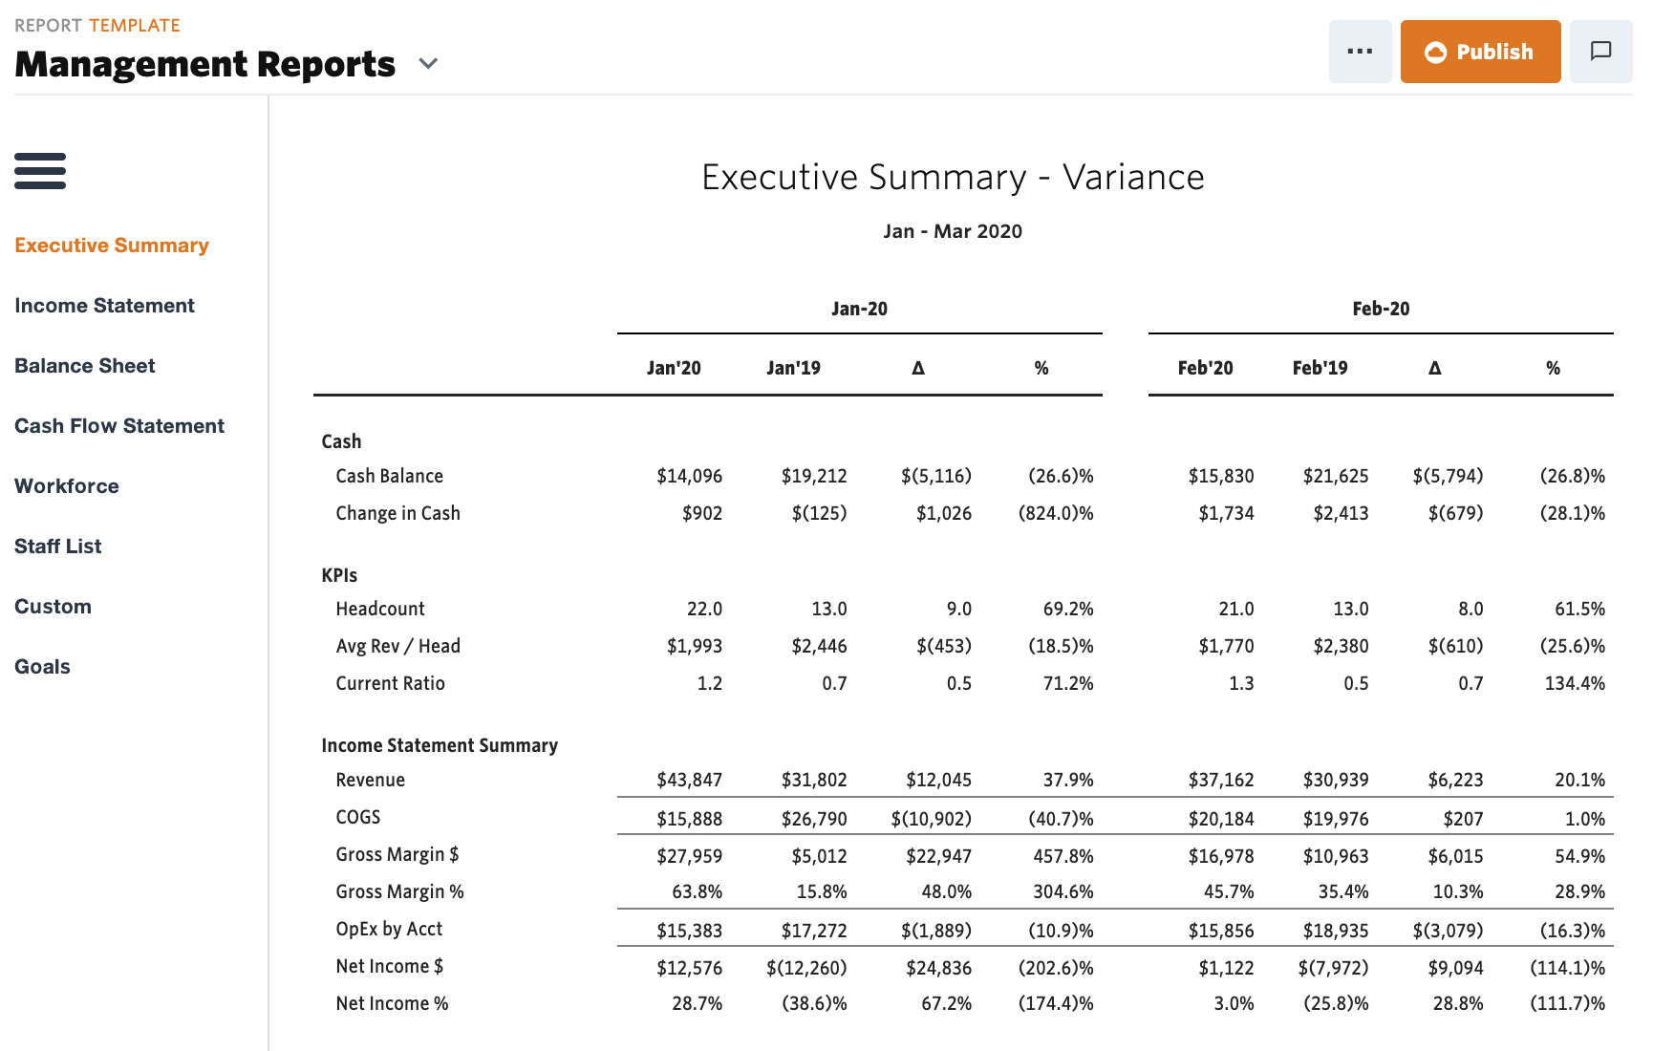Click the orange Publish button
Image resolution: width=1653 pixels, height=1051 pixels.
pos(1479,52)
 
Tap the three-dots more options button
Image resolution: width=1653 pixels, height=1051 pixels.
pos(1359,52)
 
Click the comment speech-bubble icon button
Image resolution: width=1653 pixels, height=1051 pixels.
pos(1600,52)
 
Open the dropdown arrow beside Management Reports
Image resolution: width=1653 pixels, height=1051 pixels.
pos(428,64)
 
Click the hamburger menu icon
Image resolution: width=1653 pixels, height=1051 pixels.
pos(40,171)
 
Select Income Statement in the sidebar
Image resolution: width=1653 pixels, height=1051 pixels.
pos(104,306)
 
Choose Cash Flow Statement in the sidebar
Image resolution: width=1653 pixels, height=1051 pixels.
pos(119,426)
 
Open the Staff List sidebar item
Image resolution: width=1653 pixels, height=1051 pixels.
pos(58,547)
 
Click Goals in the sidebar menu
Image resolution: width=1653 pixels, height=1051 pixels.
pos(42,667)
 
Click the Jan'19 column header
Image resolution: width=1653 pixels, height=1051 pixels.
pos(793,368)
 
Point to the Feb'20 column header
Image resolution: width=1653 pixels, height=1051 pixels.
pos(1205,368)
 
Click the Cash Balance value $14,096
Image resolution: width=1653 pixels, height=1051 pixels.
pos(689,476)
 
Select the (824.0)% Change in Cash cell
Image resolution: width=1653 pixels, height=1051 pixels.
pos(1056,513)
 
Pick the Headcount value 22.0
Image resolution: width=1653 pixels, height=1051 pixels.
pos(704,609)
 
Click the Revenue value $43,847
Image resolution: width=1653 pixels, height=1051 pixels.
pos(689,780)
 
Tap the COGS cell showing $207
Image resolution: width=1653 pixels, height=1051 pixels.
pos(1463,819)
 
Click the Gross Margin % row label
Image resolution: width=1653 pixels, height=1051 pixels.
pos(399,891)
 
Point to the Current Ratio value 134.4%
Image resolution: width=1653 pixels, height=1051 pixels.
pos(1575,683)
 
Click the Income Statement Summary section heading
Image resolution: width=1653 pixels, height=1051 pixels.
pos(440,745)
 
